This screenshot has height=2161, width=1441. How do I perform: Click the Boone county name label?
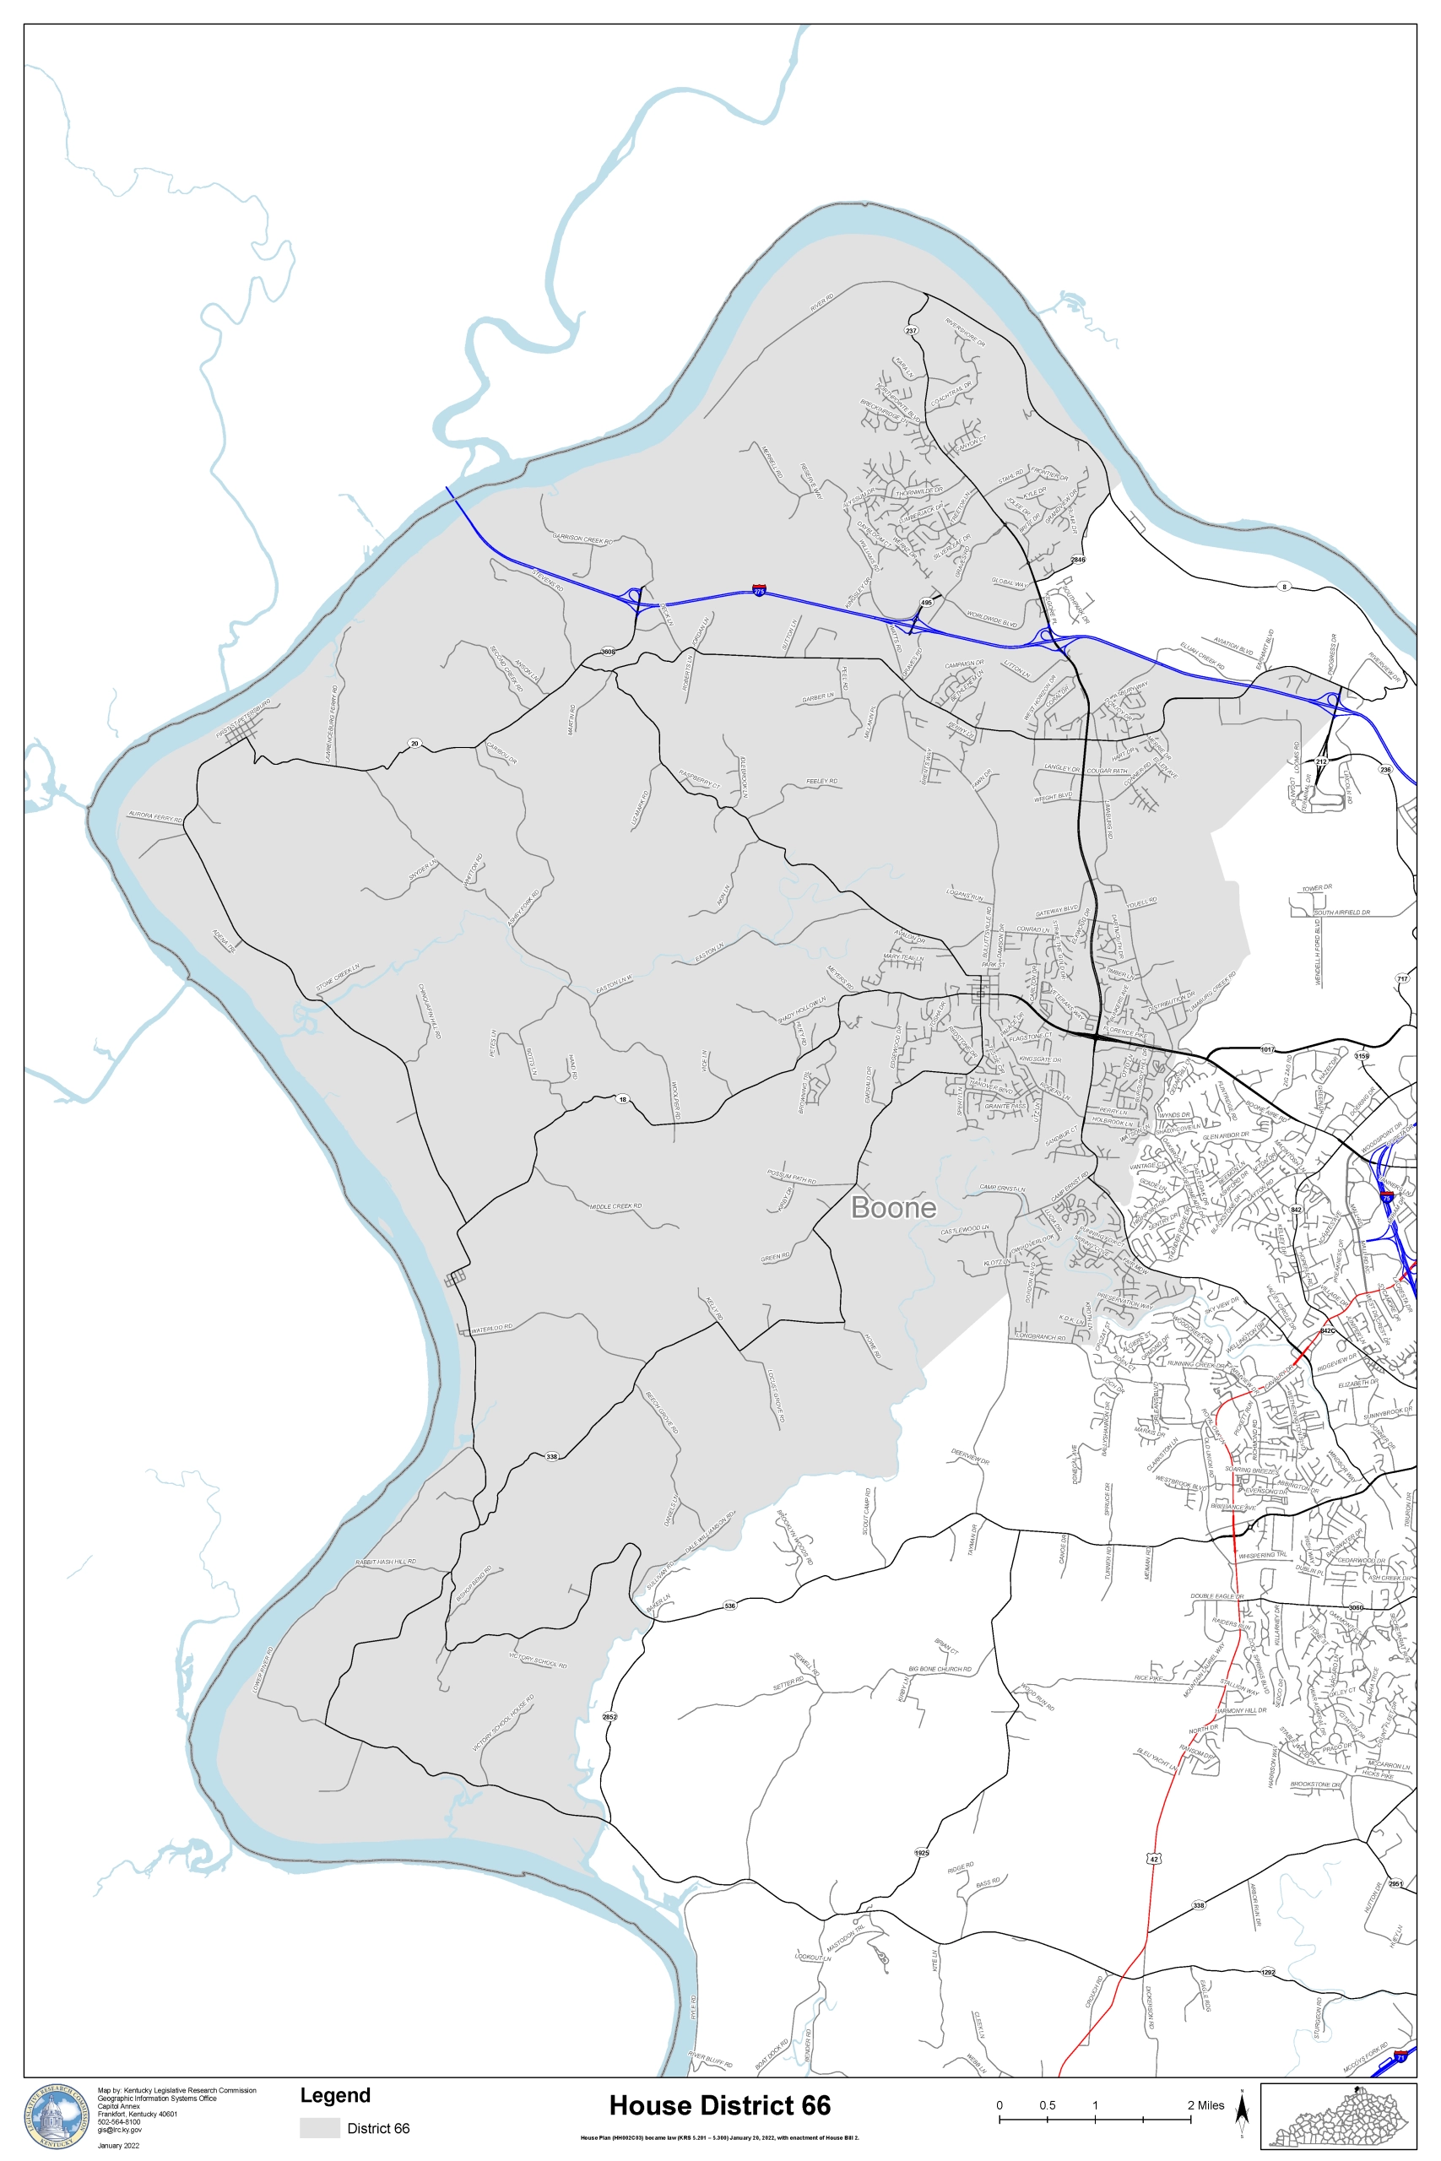893,1206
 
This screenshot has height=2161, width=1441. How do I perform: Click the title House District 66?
719,2105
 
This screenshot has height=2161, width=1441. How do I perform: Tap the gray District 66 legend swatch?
319,2128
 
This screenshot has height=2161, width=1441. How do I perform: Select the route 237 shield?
911,331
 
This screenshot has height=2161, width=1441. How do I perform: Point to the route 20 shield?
414,744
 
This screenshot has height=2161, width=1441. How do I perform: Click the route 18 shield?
622,1100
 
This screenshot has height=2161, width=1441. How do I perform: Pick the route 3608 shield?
608,652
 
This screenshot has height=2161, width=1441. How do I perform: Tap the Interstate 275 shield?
758,590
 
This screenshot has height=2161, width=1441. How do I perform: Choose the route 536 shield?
729,1605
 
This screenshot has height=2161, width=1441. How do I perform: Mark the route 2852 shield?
609,1716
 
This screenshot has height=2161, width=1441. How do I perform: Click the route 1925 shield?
922,1852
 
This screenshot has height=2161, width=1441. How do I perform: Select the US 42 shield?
1153,1859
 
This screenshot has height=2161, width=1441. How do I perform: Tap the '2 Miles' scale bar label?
1205,2105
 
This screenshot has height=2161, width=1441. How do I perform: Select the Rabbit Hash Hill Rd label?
386,1562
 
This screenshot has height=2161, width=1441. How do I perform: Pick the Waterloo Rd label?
491,1329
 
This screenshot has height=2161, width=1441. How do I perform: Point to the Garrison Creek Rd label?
582,539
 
